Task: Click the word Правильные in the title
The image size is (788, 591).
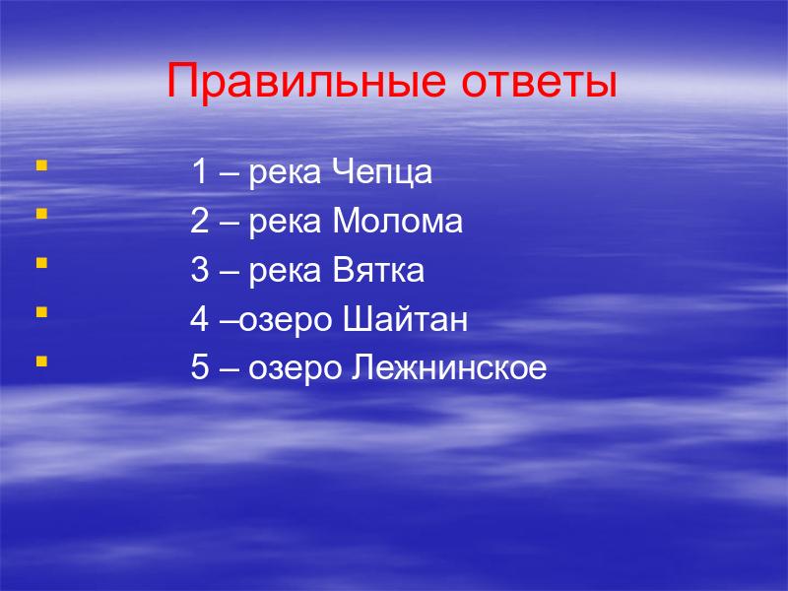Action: (x=306, y=82)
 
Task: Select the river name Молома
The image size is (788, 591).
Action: (x=397, y=221)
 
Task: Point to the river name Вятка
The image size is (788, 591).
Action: (x=378, y=270)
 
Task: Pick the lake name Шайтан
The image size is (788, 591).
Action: (x=405, y=318)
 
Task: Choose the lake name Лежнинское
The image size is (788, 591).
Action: (x=448, y=367)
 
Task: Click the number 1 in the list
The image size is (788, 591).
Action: (x=200, y=171)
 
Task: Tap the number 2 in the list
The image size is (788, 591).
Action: (x=200, y=221)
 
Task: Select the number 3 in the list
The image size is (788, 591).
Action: (x=200, y=270)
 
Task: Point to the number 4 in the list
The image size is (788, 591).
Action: (x=199, y=318)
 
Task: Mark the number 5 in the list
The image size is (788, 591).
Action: (x=200, y=367)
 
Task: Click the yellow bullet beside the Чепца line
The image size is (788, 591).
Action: (x=41, y=165)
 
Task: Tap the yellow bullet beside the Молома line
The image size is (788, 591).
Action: (x=41, y=214)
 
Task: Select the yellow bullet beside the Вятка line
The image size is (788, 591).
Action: (x=41, y=263)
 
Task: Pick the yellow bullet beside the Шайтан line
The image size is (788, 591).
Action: (x=41, y=312)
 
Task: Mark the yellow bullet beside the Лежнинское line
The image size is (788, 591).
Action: (x=41, y=361)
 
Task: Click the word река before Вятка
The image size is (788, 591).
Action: (x=285, y=273)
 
